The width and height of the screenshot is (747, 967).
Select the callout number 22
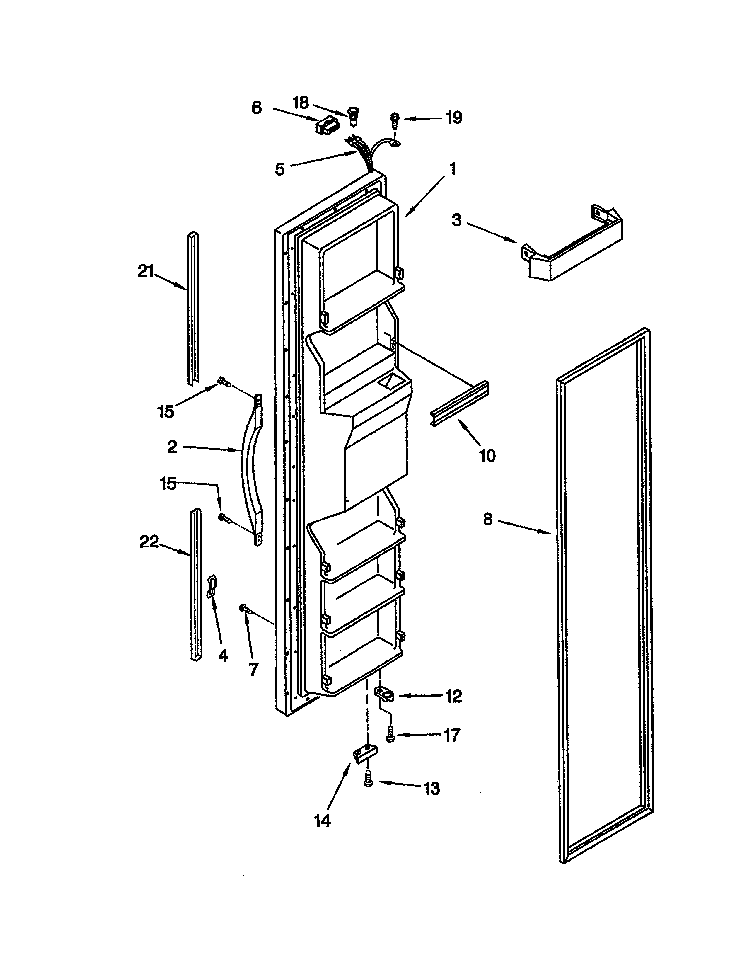tap(149, 541)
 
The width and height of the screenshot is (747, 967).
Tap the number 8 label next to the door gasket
tap(487, 519)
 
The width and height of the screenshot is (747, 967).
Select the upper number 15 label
tap(166, 412)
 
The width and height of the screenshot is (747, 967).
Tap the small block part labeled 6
tap(325, 127)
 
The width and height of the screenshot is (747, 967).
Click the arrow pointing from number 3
tap(491, 232)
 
